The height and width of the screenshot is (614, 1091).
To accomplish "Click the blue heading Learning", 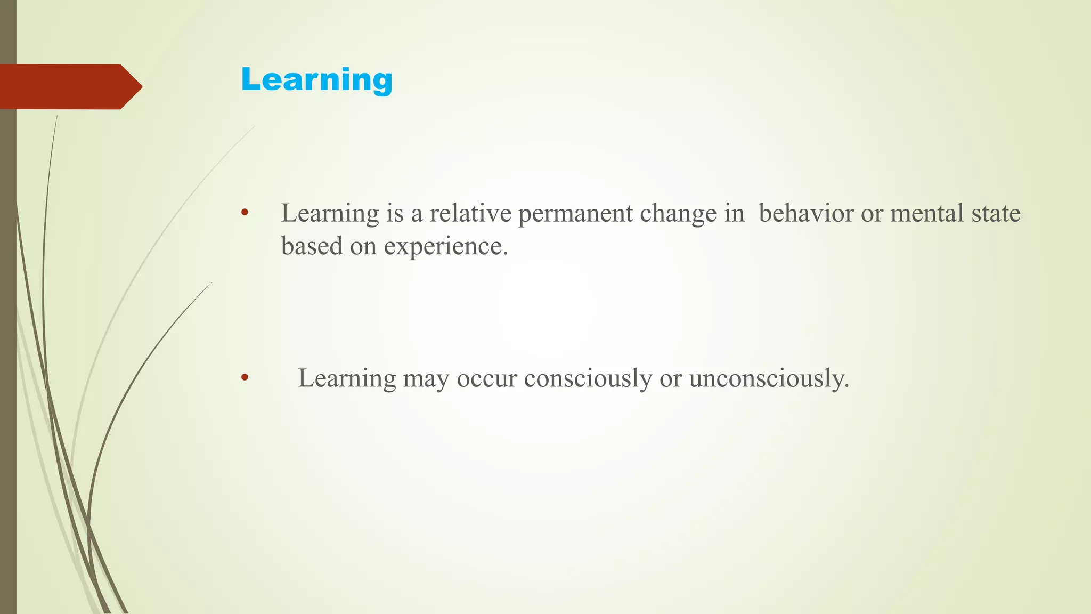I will (x=316, y=80).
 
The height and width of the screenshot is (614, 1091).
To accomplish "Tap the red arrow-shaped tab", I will (x=69, y=87).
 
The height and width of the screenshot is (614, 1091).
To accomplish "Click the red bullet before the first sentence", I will (x=245, y=213).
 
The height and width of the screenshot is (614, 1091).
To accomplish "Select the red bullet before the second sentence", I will (x=245, y=378).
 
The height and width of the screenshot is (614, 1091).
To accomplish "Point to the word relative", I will (x=470, y=213).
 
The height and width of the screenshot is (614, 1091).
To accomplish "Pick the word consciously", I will (x=588, y=379).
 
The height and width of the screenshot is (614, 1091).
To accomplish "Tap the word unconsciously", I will (x=769, y=379).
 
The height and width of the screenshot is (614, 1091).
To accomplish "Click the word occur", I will (x=486, y=379).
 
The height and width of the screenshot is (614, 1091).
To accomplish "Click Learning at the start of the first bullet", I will (x=330, y=214).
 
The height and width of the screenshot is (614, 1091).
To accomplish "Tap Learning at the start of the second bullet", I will (x=347, y=379).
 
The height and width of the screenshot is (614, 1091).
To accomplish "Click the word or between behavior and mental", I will (x=872, y=214).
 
